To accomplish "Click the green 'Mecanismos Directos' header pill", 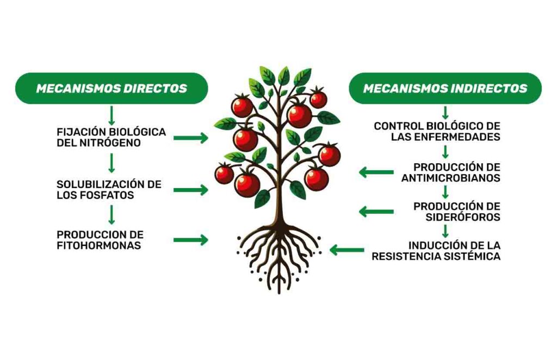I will (x=112, y=88).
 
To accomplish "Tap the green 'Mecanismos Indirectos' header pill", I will (x=445, y=88).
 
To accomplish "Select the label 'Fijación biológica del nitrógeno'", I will (x=111, y=138).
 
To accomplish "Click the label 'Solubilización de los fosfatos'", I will (x=109, y=190).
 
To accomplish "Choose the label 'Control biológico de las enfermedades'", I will (x=437, y=132).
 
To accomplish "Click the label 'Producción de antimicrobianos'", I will (x=451, y=172).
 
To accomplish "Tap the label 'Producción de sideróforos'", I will (x=456, y=212).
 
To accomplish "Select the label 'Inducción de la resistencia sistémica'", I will (x=436, y=251).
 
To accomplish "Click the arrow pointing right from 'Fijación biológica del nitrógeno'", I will (x=190, y=138).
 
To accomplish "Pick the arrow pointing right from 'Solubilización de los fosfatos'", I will (x=190, y=190).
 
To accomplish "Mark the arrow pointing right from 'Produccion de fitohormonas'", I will (x=190, y=240).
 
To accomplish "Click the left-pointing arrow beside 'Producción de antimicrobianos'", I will (x=376, y=173).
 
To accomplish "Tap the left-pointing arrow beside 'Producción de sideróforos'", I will (x=376, y=212).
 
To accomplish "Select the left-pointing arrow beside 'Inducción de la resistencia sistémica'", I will (x=346, y=250).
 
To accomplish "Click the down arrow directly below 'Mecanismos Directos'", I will (x=112, y=115).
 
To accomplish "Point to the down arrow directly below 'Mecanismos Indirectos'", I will (x=445, y=113).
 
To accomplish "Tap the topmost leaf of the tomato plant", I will (x=283, y=76).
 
